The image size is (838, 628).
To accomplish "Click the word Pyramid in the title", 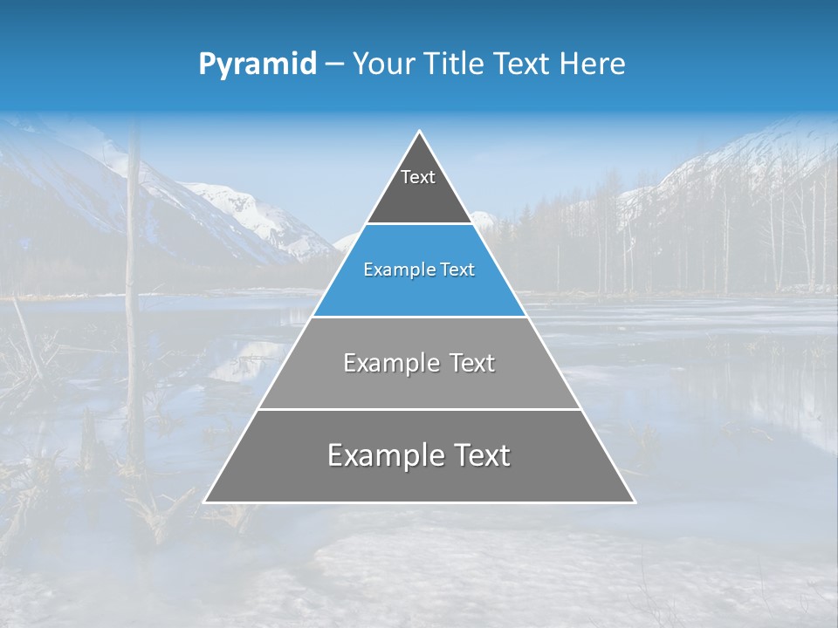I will [257, 65].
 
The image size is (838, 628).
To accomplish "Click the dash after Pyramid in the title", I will [334, 65].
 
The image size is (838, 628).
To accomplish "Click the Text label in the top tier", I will [418, 177].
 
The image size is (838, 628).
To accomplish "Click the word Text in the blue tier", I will [458, 270].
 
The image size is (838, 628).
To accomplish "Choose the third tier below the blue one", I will [419, 384].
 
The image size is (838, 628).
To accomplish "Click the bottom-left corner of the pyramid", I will [205, 502].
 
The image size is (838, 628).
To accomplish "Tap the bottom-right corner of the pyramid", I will [634, 502].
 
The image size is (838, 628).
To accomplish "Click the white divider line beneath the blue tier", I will [419, 317].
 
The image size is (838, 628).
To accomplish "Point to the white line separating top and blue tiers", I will [419, 224].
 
